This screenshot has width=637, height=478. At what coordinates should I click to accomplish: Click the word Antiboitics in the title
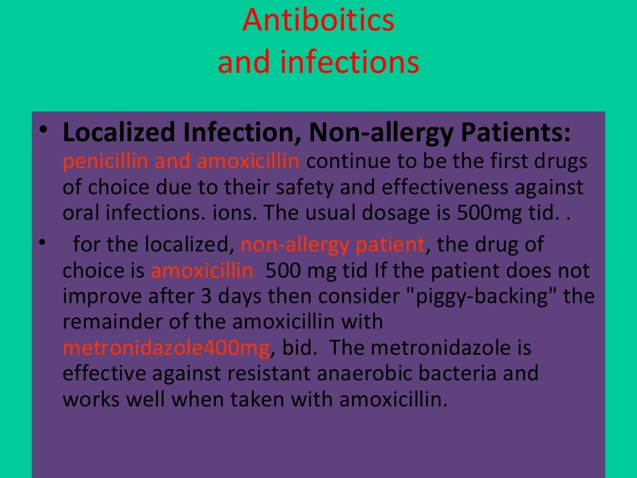pyautogui.click(x=318, y=21)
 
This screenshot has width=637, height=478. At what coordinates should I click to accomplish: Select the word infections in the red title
pyautogui.click(x=352, y=63)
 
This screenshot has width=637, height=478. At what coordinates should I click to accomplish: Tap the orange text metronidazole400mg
pyautogui.click(x=167, y=348)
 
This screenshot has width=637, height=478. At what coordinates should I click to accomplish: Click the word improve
pyautogui.click(x=101, y=296)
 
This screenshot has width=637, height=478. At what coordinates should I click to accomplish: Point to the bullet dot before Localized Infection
pyautogui.click(x=41, y=129)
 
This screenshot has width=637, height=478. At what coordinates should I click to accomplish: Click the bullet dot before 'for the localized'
pyautogui.click(x=41, y=241)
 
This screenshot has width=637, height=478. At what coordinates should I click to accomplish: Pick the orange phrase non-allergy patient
pyautogui.click(x=332, y=245)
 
